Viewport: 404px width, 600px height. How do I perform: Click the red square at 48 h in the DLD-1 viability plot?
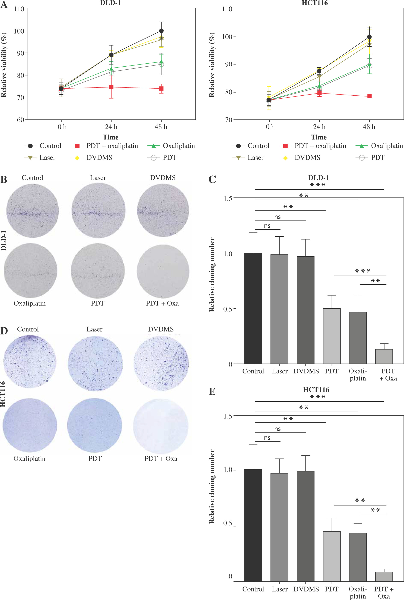(161, 89)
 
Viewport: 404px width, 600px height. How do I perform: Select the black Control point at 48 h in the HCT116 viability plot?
(369, 37)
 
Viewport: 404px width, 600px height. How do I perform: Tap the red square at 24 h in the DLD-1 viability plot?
(111, 87)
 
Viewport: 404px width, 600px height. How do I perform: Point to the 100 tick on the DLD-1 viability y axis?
(19, 31)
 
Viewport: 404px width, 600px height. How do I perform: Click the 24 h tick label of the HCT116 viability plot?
(319, 127)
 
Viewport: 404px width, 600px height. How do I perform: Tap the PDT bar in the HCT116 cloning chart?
(332, 556)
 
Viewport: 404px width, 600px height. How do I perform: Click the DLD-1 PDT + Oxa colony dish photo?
(163, 271)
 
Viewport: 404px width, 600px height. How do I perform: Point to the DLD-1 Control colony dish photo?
(32, 210)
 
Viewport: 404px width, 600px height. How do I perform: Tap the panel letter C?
(212, 180)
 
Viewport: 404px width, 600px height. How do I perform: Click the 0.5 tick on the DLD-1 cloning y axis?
(228, 309)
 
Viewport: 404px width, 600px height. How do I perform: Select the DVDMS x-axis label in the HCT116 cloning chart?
(306, 589)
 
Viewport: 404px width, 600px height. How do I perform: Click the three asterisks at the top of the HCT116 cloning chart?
(318, 397)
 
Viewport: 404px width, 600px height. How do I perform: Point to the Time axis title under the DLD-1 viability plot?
(110, 137)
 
